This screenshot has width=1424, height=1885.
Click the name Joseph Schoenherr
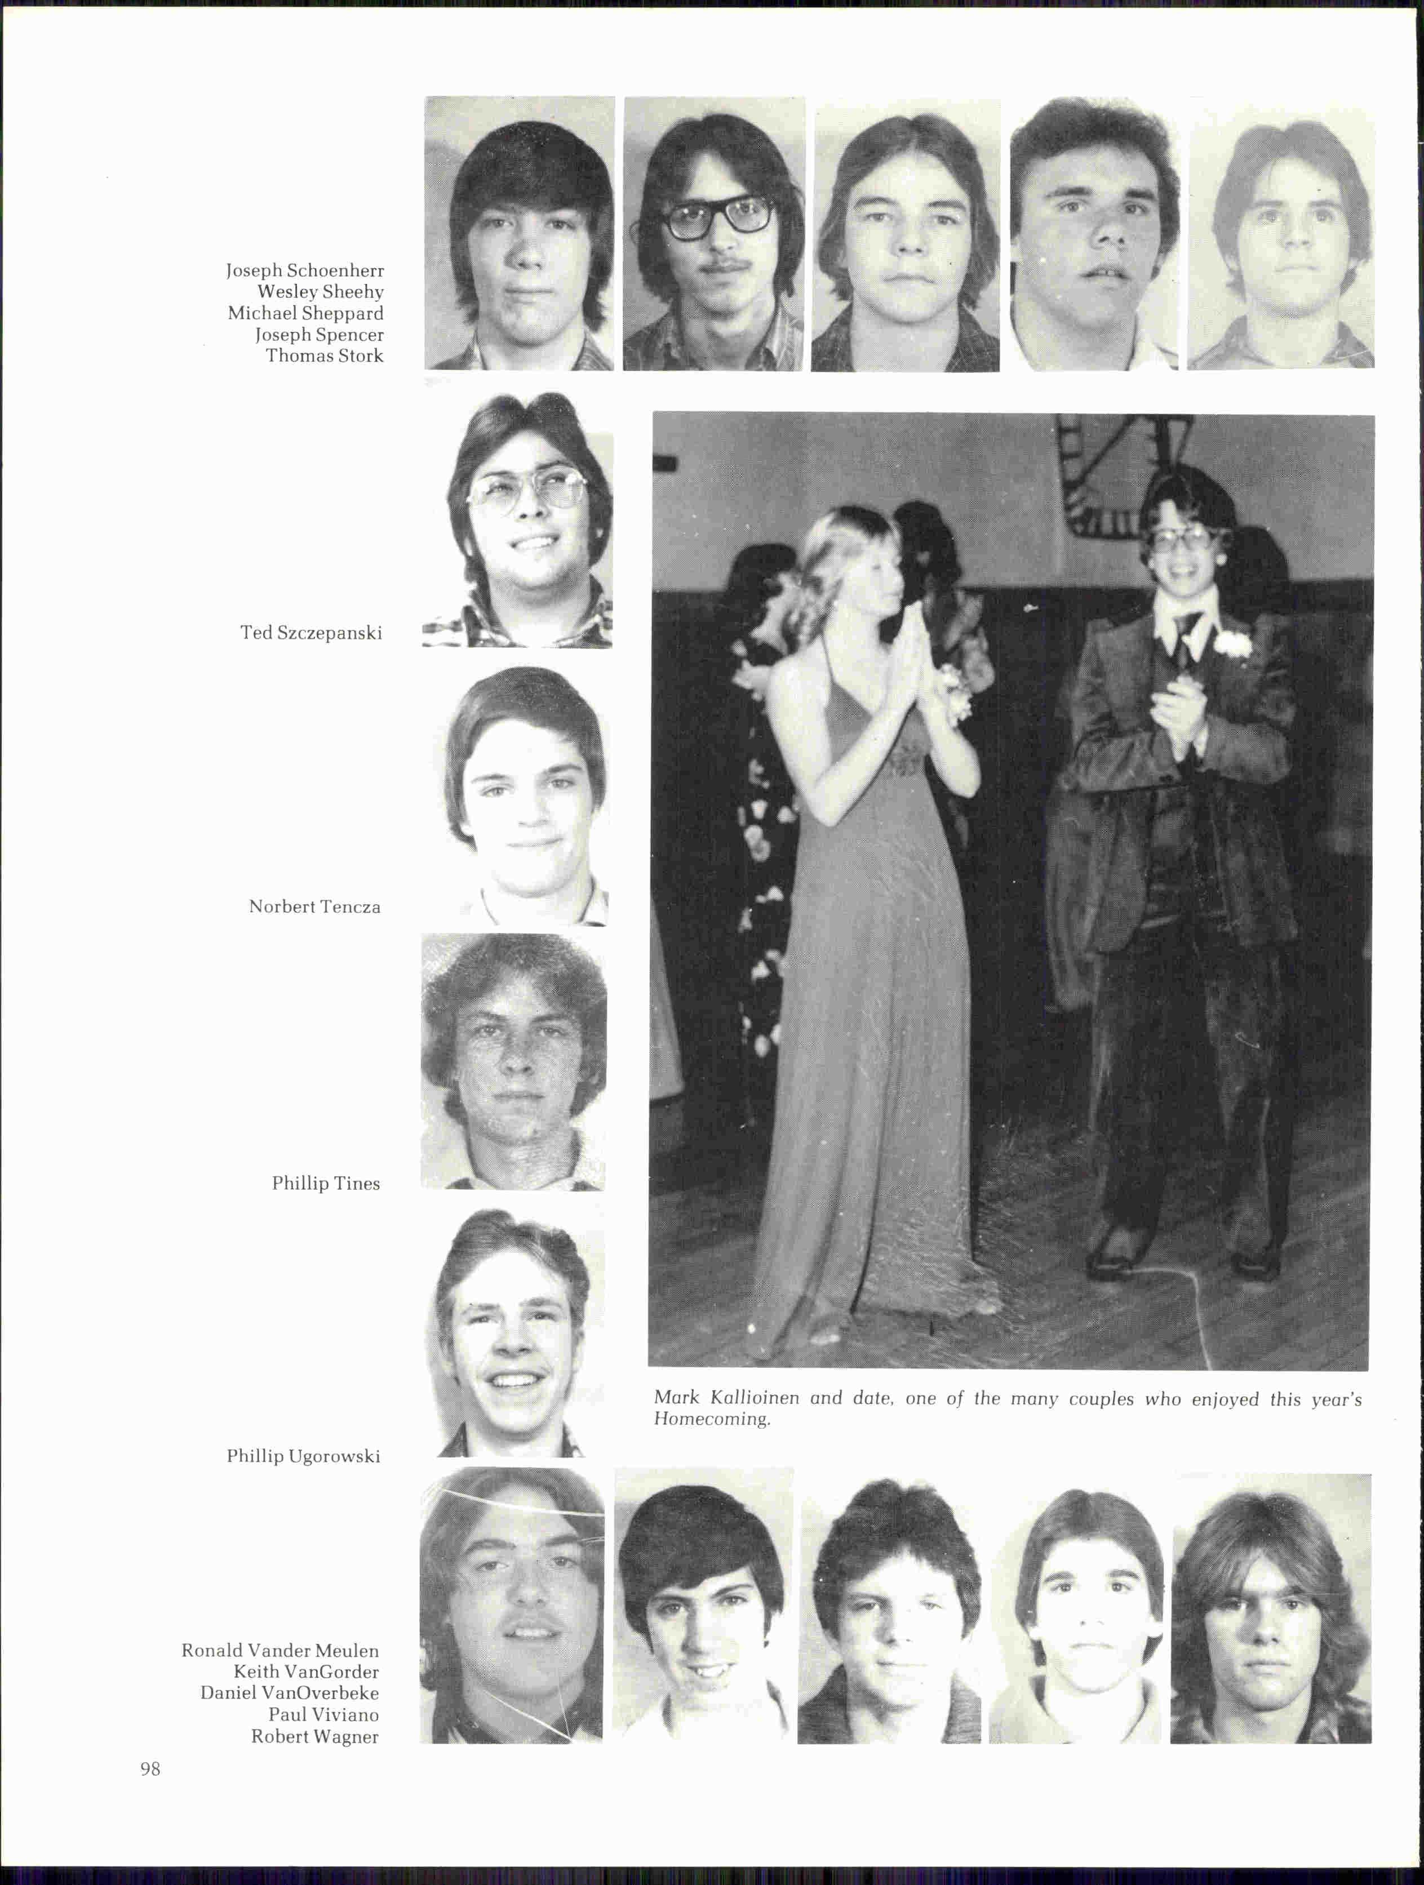[304, 271]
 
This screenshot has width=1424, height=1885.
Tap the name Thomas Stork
[324, 356]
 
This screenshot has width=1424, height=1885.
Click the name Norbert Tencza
[314, 906]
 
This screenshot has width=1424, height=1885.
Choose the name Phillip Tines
[326, 1183]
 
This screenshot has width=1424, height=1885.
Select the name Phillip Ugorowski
[303, 1456]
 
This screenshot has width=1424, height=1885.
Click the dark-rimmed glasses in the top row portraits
[715, 216]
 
